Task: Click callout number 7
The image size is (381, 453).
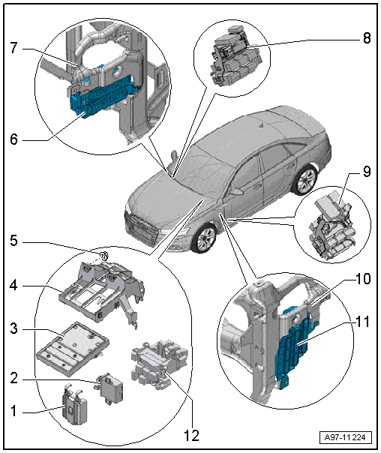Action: [14, 48]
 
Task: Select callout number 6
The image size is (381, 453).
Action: [13, 139]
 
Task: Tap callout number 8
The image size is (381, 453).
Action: [367, 37]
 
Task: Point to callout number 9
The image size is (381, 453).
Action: [367, 172]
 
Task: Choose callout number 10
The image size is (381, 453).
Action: [363, 279]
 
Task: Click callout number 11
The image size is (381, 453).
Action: [363, 322]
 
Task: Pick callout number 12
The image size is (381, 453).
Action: [191, 436]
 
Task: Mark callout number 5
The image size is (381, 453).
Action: [13, 240]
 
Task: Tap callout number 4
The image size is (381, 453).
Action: [13, 286]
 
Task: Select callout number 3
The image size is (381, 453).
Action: [13, 328]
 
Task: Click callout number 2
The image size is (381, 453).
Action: [13, 378]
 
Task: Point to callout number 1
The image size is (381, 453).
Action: [13, 411]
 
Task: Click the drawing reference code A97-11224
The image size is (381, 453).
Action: [346, 437]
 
